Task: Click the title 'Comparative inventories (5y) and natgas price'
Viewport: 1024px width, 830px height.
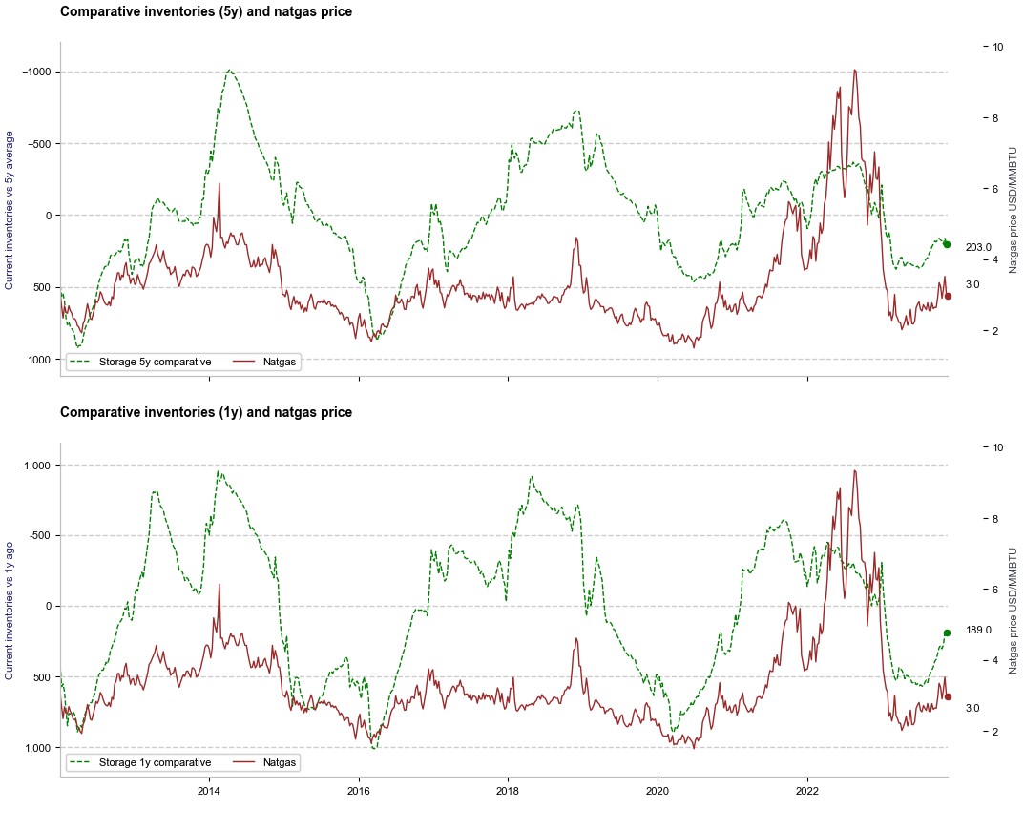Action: tap(206, 12)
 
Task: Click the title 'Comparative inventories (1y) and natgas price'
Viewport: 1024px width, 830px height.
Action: tap(206, 412)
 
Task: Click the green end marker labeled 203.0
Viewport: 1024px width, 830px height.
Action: tap(947, 244)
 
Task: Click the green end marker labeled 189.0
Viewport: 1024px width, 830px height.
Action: tap(947, 633)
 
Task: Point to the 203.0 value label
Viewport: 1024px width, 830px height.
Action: tap(978, 248)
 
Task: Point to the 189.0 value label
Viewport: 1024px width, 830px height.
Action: tap(979, 630)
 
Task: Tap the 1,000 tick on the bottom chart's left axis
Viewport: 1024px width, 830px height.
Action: tap(37, 747)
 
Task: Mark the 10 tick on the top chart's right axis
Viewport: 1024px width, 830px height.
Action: tap(996, 47)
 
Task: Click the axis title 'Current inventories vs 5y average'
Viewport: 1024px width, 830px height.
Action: tap(10, 210)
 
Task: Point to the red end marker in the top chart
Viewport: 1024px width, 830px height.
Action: tap(948, 296)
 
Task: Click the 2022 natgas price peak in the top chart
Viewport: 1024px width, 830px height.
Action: tap(854, 70)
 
